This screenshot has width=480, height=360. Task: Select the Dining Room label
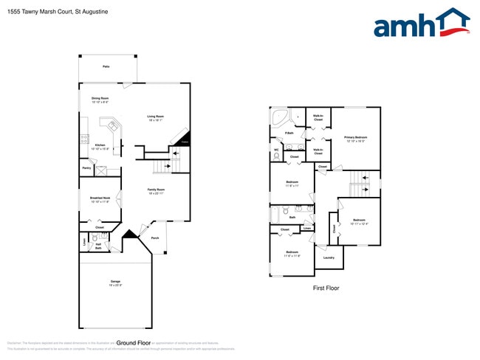[x=100, y=99]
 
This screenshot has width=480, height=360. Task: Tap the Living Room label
[x=155, y=117]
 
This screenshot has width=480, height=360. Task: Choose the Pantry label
[x=86, y=168]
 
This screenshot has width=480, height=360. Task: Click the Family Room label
[x=155, y=190]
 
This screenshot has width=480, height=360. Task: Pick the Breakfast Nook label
[x=100, y=198]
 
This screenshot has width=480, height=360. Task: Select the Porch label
[x=154, y=238]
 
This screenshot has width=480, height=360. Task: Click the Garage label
[x=115, y=282]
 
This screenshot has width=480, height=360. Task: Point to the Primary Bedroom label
[x=355, y=138]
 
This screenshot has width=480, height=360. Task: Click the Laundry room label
[x=329, y=257]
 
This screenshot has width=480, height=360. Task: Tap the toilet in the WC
[x=276, y=156]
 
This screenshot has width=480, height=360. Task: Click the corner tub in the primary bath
[x=281, y=118]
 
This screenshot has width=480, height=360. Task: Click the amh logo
[x=421, y=24]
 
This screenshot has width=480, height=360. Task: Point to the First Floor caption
[x=326, y=288]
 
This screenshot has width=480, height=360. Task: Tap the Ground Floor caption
[x=134, y=343]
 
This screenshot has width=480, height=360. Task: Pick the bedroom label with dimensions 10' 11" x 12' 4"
[x=359, y=221]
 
